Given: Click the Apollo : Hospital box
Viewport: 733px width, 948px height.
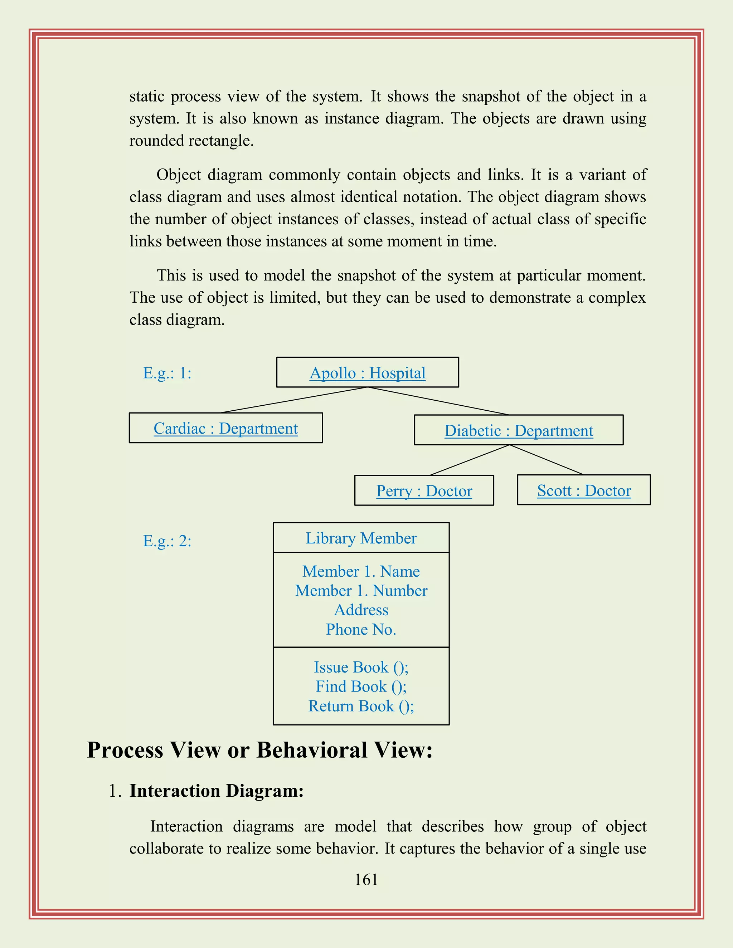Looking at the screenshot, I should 367,372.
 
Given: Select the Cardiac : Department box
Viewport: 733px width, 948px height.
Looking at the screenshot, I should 225,428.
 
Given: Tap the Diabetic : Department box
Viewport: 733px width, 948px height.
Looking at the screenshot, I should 519,430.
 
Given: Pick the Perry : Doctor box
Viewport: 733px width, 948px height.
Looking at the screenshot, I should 424,490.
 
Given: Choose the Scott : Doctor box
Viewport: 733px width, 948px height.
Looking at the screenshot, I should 584,490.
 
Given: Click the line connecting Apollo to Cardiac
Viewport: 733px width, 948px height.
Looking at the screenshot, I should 294,400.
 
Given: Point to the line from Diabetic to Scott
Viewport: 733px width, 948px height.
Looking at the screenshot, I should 546,460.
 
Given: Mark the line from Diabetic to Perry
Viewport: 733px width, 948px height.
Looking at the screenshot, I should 470,460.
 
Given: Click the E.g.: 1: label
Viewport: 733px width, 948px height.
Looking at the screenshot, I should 167,373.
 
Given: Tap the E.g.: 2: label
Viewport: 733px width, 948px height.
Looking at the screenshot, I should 167,541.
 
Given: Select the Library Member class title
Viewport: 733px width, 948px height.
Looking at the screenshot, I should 361,538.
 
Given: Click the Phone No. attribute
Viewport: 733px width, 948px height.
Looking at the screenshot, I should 361,629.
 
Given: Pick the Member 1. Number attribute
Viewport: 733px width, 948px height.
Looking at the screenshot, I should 361,591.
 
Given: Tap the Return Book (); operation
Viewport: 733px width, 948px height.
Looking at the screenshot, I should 361,706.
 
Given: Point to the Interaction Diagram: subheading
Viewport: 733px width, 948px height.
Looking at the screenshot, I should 216,791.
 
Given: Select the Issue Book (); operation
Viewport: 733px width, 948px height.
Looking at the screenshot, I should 361,667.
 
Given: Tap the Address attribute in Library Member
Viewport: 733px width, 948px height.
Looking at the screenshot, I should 361,610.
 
